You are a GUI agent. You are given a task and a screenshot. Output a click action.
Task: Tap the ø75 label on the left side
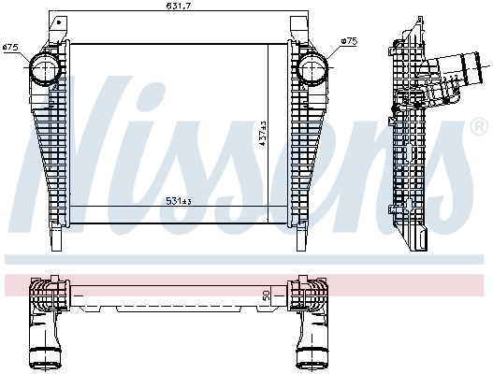click(11, 46)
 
